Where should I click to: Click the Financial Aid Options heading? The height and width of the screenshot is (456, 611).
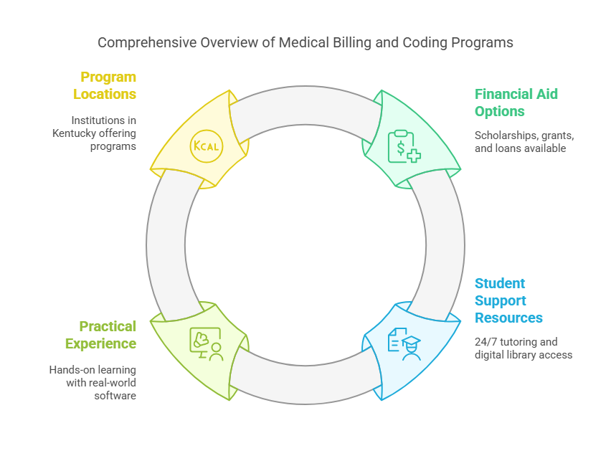point(516,103)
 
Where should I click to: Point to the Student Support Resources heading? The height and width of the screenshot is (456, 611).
point(508,300)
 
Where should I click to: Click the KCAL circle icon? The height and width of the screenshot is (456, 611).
point(206,146)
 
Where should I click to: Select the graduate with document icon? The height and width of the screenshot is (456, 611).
point(404,343)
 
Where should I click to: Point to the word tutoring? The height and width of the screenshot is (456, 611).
point(524,341)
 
